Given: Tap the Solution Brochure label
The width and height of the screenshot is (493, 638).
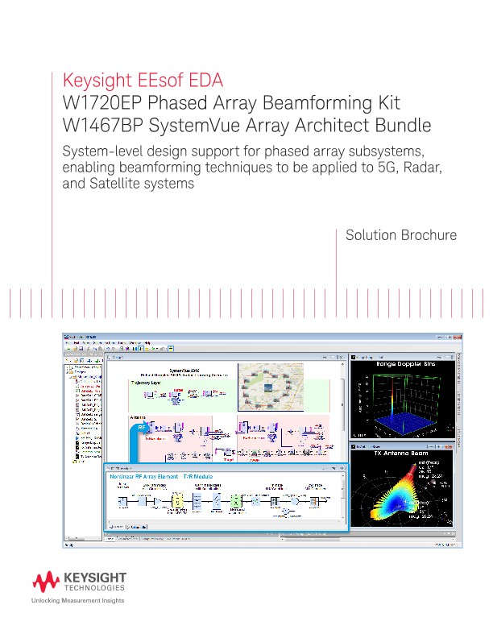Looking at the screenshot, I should [x=401, y=235].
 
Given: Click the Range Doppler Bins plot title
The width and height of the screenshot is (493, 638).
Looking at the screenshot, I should [x=405, y=366].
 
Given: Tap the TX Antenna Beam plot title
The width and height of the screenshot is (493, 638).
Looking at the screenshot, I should [x=405, y=454].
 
